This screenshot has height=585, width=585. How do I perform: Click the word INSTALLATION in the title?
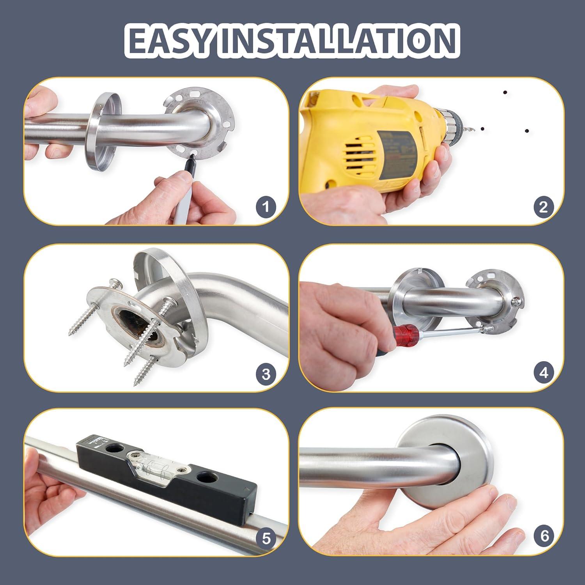coord(337,40)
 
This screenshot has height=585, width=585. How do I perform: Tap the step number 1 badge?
coord(266,206)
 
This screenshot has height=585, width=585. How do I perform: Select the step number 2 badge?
coord(543,206)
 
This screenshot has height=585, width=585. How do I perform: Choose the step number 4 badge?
coord(543,373)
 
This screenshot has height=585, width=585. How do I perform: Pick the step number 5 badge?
coord(266,539)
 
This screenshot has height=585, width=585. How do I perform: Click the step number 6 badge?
coord(544,536)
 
